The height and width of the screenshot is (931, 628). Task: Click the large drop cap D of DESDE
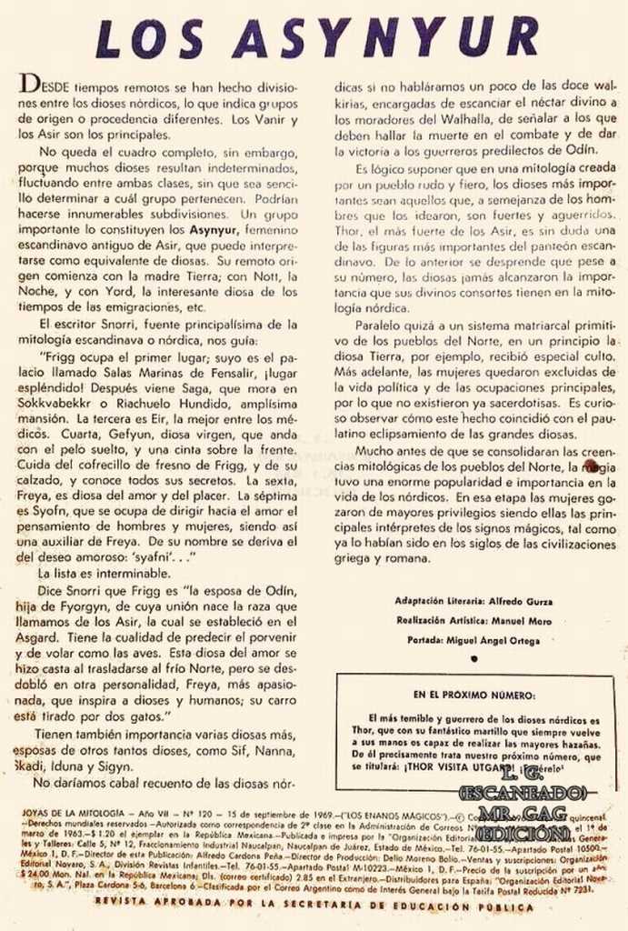point(27,85)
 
